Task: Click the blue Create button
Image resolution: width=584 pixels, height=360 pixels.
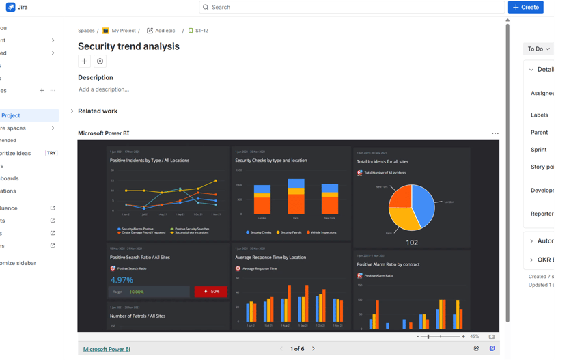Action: [x=525, y=8]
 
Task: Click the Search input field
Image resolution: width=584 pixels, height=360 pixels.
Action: [x=352, y=8]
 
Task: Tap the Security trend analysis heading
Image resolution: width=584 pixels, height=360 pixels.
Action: [x=128, y=46]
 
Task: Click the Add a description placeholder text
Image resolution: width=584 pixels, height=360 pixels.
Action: [x=104, y=89]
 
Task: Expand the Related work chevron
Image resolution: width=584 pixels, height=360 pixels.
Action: [x=72, y=111]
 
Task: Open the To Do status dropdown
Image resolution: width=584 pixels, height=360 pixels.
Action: [x=538, y=49]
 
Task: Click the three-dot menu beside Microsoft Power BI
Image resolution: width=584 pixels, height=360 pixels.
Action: [x=495, y=134]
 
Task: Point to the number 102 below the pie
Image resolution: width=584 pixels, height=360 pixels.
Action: [x=412, y=243]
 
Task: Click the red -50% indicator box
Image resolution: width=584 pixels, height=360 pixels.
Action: [x=211, y=292]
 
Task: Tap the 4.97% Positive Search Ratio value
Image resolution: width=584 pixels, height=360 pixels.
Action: [x=122, y=280]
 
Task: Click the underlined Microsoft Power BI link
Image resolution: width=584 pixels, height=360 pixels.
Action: [x=107, y=349]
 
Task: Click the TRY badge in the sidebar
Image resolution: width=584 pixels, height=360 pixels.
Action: [x=51, y=153]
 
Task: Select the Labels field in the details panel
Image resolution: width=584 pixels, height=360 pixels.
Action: [x=539, y=115]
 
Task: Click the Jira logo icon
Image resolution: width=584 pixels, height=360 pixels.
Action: [x=10, y=8]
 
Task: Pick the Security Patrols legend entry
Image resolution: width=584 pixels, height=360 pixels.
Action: [x=289, y=232]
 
